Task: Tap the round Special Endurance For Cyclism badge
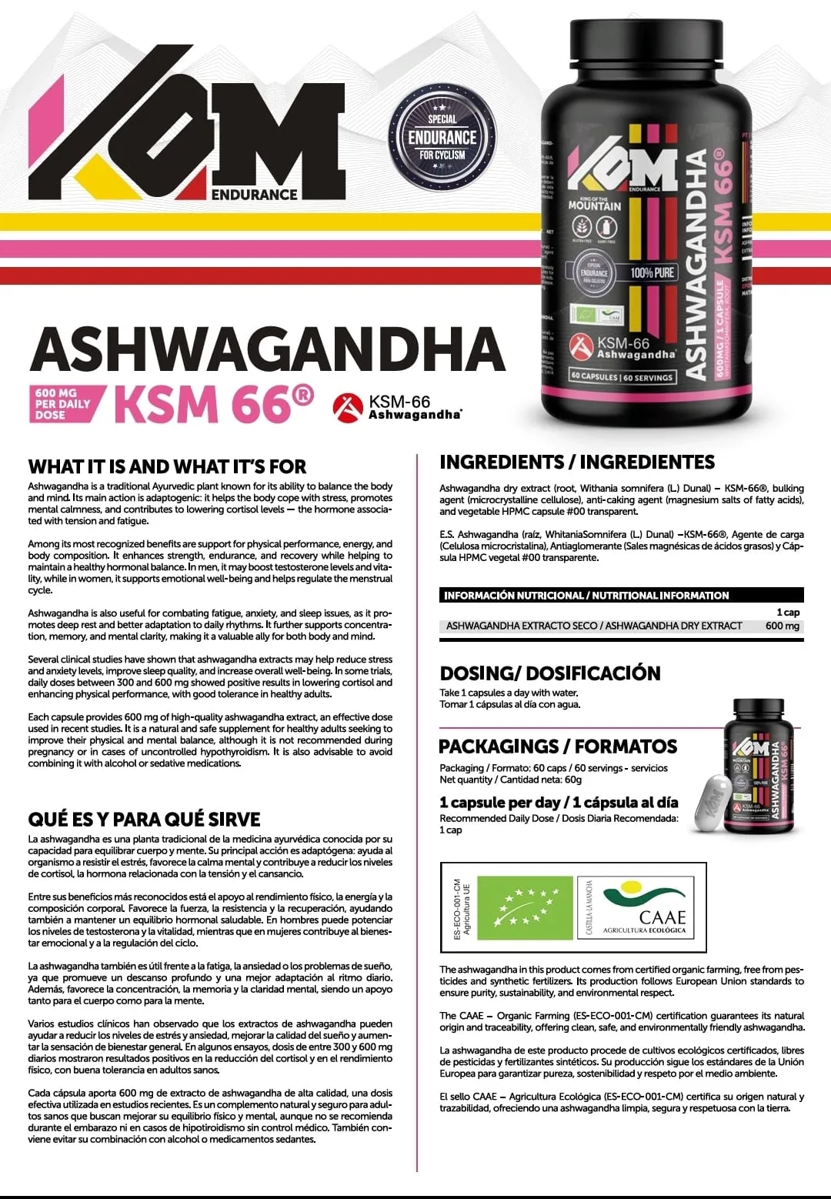(x=442, y=136)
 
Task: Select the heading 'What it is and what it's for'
(x=167, y=466)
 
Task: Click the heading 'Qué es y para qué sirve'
(x=145, y=819)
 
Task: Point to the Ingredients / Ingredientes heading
(x=577, y=462)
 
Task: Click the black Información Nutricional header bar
(x=622, y=595)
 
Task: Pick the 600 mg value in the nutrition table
(x=782, y=626)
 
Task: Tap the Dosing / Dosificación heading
(x=550, y=673)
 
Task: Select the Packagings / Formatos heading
(x=558, y=746)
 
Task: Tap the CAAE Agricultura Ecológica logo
(x=642, y=907)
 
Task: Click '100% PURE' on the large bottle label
(x=652, y=272)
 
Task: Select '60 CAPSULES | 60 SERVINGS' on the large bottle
(x=622, y=376)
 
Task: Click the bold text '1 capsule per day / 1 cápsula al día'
(x=559, y=802)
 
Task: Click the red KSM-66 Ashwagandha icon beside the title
(x=348, y=407)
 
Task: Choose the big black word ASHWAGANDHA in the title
(x=267, y=350)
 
